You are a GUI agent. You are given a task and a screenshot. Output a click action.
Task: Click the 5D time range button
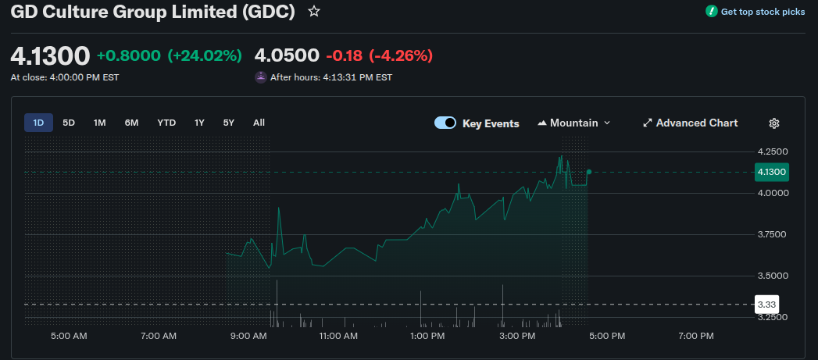[69, 123]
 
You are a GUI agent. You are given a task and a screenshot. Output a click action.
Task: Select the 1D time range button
[38, 123]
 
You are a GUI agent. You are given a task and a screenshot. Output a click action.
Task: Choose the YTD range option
[166, 123]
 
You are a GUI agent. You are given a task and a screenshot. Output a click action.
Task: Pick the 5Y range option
[228, 123]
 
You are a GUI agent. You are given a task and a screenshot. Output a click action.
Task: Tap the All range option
[259, 123]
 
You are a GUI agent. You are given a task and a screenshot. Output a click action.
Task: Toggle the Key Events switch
[445, 123]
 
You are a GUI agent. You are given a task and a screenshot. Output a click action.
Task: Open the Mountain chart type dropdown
[574, 123]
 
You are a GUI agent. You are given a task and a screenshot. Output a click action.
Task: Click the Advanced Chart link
[690, 123]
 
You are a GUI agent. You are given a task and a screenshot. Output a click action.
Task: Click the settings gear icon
[774, 123]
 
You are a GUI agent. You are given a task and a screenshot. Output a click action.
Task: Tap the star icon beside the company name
[314, 12]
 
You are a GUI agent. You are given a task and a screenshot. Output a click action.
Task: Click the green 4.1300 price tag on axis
[771, 172]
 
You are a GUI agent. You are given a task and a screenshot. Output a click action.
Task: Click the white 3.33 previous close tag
[766, 304]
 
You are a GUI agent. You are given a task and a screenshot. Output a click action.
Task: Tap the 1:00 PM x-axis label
[427, 336]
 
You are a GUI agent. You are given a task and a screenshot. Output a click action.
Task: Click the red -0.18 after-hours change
[344, 56]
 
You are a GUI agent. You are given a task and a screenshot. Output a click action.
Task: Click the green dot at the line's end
[588, 172]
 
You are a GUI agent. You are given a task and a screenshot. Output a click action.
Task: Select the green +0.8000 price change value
[129, 56]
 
